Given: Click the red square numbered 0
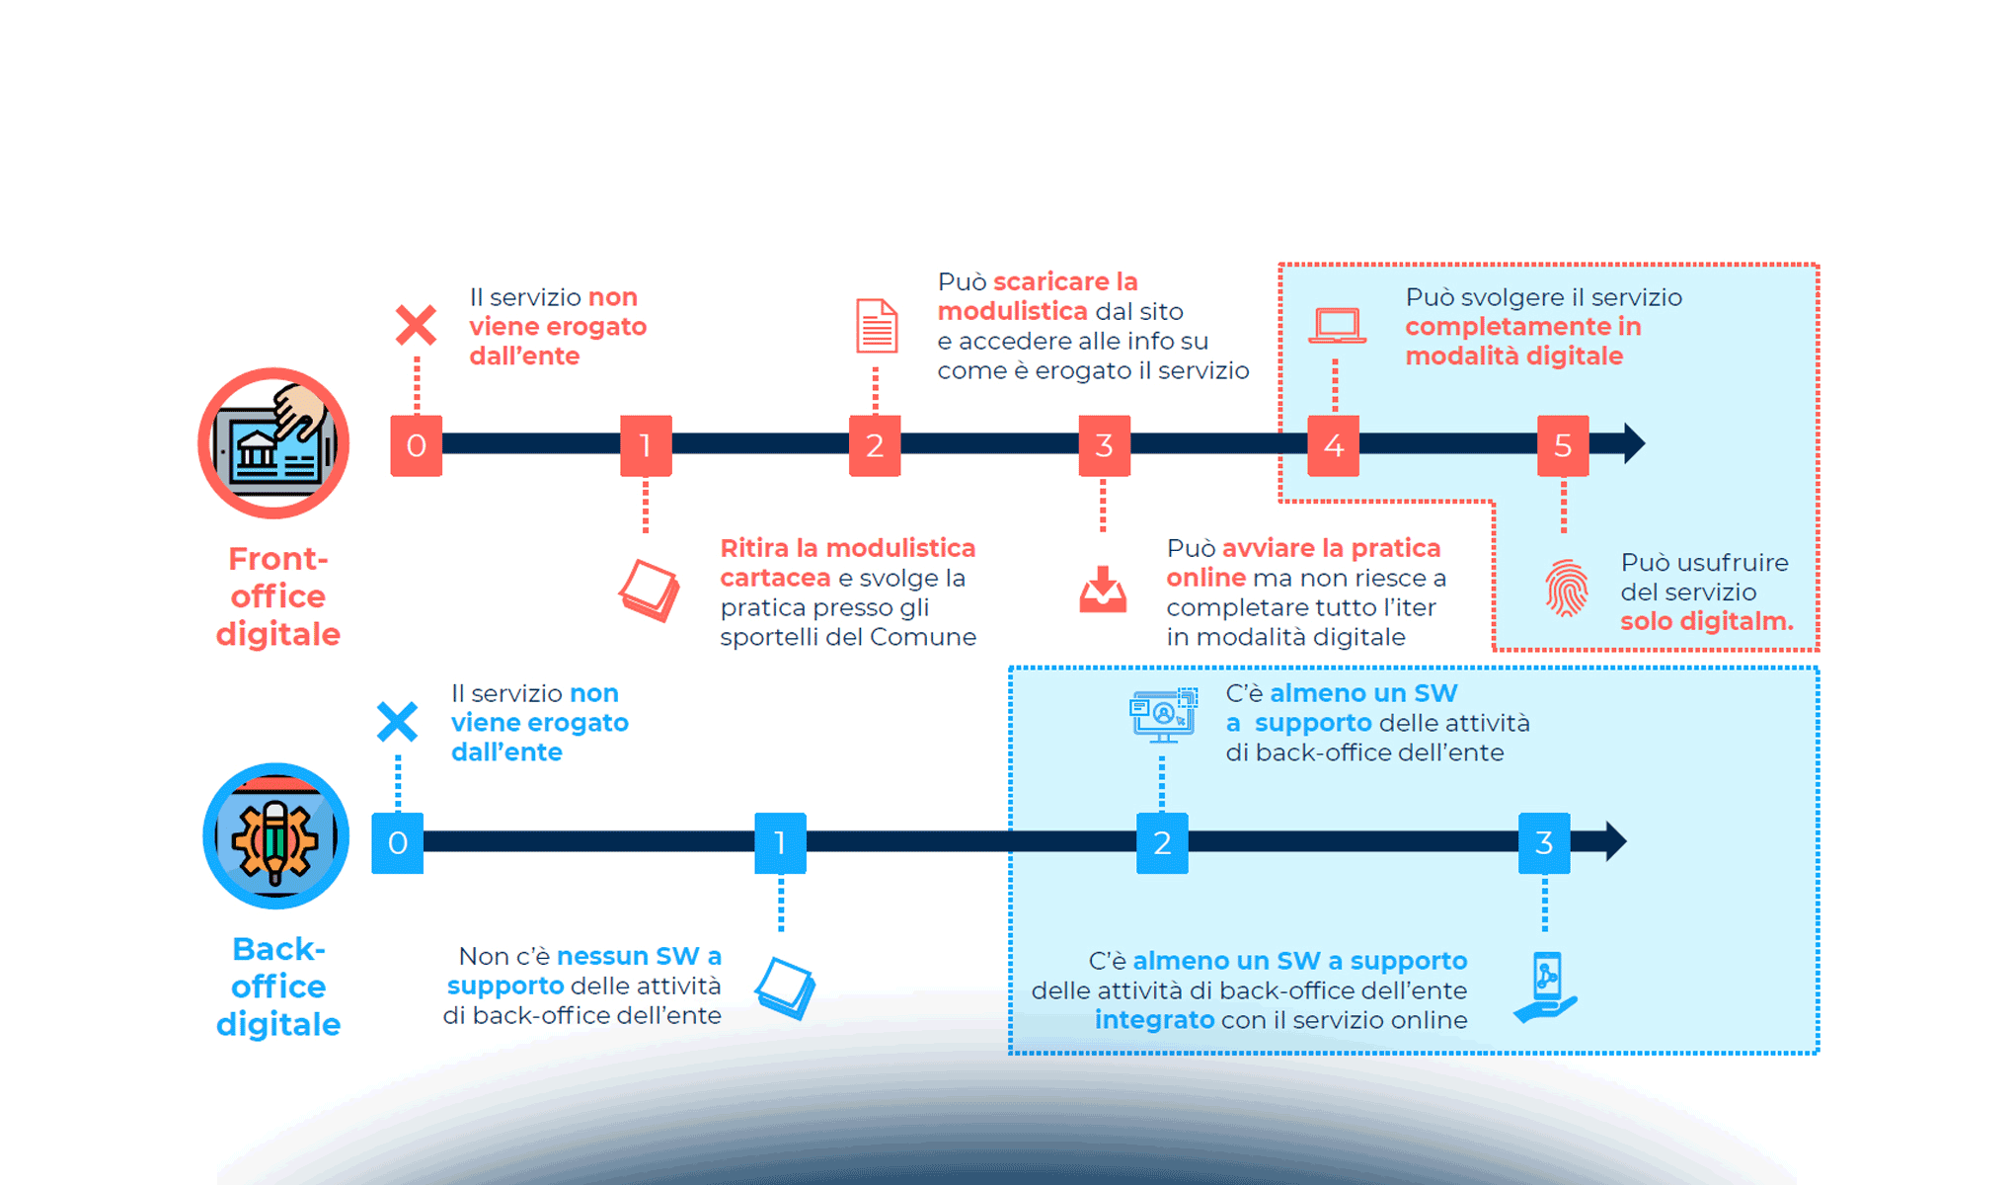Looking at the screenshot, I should [x=416, y=445].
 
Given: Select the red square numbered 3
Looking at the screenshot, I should [x=1104, y=445].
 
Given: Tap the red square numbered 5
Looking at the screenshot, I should [x=1562, y=445].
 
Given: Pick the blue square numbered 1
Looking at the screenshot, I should [x=780, y=842].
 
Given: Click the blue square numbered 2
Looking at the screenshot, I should [x=1162, y=842].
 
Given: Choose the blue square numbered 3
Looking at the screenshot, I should [x=1544, y=842].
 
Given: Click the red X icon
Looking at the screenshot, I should [x=416, y=325].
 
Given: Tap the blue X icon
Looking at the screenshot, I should [x=397, y=722].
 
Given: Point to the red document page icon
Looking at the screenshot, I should [x=877, y=326].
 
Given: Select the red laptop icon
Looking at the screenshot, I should [x=1337, y=326].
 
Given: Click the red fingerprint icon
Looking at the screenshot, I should [x=1566, y=588].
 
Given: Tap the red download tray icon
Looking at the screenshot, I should [x=1103, y=590].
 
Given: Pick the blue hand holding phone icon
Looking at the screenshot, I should [x=1546, y=987].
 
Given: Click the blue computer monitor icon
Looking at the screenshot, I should [x=1163, y=715].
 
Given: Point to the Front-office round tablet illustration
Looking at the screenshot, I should [x=274, y=443].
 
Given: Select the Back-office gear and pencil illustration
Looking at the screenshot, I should [x=275, y=836].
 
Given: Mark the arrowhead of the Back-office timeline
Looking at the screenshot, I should [x=1615, y=841].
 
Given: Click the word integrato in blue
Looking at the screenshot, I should [x=1154, y=1020].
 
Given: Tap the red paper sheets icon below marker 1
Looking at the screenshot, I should [x=649, y=591].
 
